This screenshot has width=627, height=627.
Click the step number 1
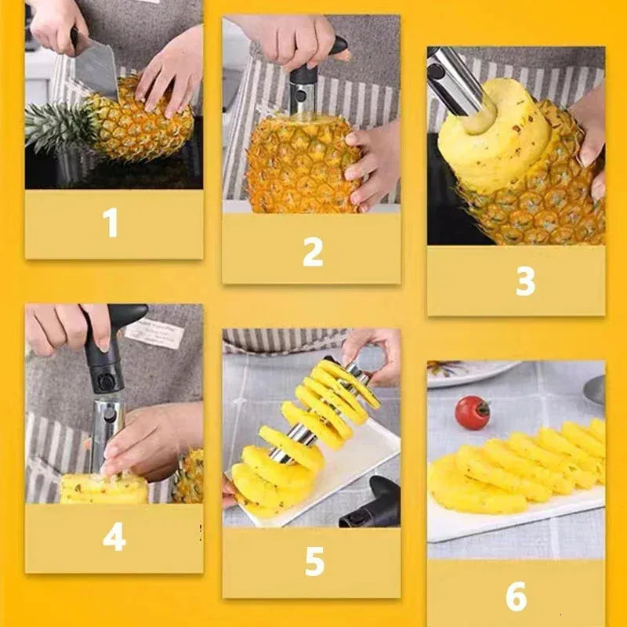111,223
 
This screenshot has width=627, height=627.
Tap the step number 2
313,251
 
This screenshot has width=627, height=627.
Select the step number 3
525,281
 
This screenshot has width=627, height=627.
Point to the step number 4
114,538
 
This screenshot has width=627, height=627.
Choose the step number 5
313,562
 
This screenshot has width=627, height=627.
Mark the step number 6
516,596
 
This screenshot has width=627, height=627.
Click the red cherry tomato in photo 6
472,412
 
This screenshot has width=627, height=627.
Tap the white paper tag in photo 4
154,332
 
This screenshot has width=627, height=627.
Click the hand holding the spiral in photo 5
373,353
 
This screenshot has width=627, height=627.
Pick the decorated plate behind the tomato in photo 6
470,372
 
